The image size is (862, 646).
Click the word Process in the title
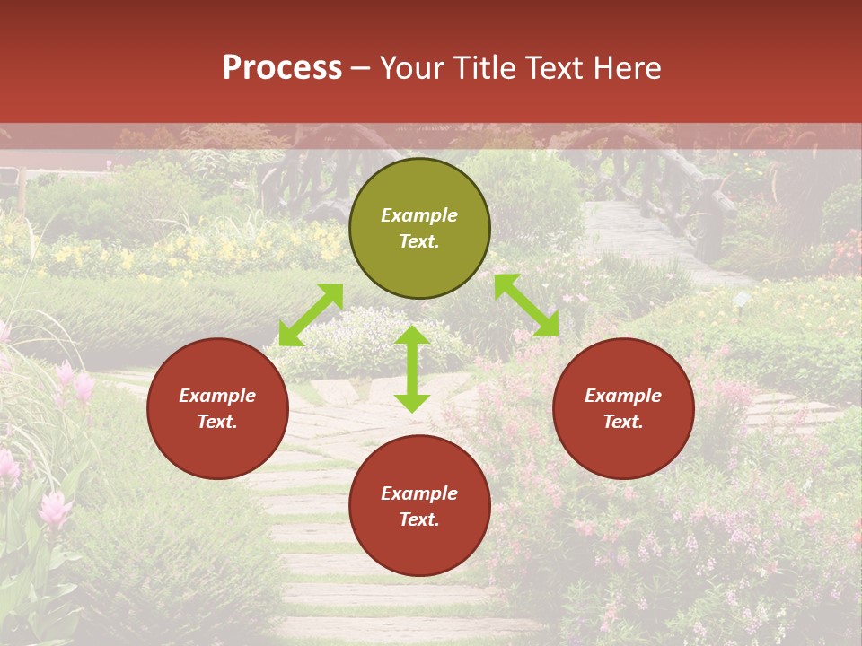pyautogui.click(x=282, y=67)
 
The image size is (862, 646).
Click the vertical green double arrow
pyautogui.click(x=412, y=369)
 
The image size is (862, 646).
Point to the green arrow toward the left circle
pyautogui.click(x=311, y=315)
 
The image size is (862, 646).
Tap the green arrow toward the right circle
pyautogui.click(x=526, y=305)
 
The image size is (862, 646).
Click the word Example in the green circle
pyautogui.click(x=419, y=215)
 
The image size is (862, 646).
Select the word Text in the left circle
pyautogui.click(x=217, y=422)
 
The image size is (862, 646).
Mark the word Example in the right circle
pyautogui.click(x=623, y=396)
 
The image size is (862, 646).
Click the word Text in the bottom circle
pyautogui.click(x=419, y=519)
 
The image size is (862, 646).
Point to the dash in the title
pyautogui.click(x=361, y=68)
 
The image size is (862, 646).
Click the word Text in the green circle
pyautogui.click(x=419, y=241)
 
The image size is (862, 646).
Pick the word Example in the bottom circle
pyautogui.click(x=419, y=493)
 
